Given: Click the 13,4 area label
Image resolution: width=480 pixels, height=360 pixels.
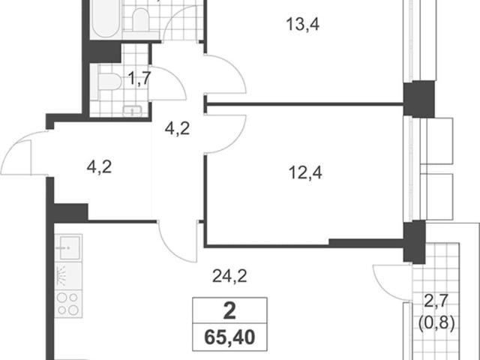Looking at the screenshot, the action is (302, 25).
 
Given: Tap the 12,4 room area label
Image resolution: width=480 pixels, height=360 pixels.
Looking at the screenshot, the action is (305, 172).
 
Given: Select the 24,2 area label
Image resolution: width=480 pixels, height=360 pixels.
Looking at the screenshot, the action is (229, 276).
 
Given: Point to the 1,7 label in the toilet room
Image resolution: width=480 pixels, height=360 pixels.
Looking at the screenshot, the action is (139, 78).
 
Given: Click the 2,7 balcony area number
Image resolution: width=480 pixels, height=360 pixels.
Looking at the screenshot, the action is (436, 301).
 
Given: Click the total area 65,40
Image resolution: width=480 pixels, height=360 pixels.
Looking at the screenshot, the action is (229, 337).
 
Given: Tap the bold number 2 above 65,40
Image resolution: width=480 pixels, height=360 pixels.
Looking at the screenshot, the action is (229, 311).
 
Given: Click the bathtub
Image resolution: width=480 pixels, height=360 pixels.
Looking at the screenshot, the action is (106, 18).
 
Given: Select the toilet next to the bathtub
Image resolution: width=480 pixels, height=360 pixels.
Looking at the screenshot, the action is (140, 20).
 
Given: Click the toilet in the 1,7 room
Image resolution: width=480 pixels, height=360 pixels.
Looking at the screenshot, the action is (109, 82).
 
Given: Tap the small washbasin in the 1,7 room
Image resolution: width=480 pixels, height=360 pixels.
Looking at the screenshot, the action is (132, 110).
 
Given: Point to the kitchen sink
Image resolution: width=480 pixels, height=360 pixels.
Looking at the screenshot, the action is (68, 247).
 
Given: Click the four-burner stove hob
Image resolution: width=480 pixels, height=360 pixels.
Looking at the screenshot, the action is (68, 303).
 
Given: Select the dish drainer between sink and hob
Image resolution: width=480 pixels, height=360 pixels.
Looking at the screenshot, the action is (68, 276).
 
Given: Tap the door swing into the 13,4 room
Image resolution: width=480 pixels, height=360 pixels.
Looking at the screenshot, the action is (226, 74).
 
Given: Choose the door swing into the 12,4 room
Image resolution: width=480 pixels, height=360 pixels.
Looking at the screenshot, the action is (226, 134).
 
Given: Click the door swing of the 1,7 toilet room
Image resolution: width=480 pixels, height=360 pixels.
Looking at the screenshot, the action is (167, 83).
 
